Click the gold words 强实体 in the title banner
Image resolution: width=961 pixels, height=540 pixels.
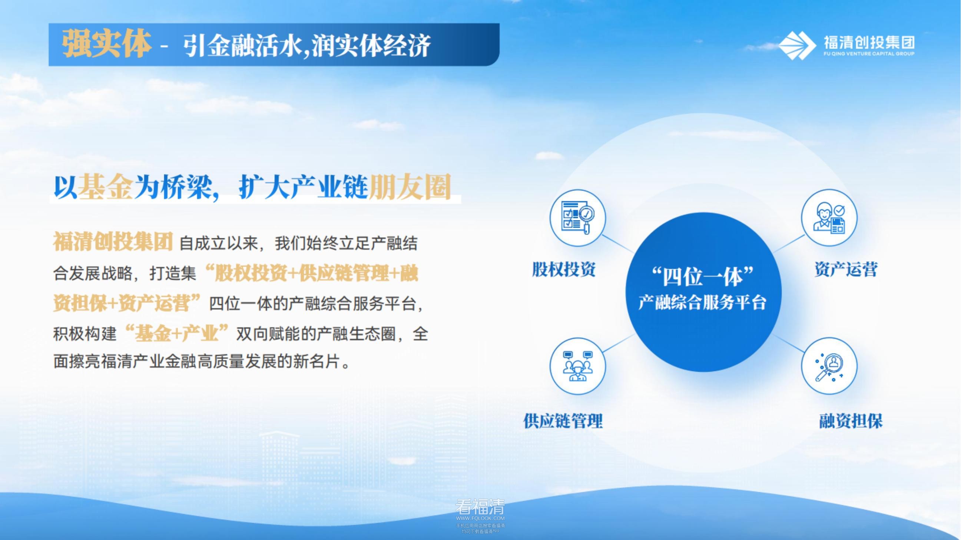tap(107, 44)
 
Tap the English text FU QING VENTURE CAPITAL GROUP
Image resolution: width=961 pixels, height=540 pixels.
tap(869, 54)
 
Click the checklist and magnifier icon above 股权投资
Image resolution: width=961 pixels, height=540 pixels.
tap(577, 218)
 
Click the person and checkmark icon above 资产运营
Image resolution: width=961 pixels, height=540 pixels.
tap(829, 218)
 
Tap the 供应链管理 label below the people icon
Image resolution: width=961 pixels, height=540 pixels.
tap(563, 421)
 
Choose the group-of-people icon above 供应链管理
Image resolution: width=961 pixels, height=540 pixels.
tap(577, 366)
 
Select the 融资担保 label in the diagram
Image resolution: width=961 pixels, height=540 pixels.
tap(851, 421)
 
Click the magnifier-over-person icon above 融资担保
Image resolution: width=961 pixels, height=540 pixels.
tap(829, 366)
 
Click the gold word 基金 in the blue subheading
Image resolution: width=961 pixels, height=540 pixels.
tap(106, 186)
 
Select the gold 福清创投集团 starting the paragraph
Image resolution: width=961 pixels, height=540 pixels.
tap(113, 242)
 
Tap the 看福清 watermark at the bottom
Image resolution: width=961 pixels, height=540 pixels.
tap(480, 507)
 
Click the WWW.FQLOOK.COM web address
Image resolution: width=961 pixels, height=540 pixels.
tap(480, 519)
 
